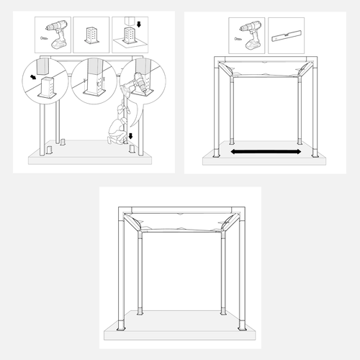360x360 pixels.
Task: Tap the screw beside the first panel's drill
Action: click(44, 32)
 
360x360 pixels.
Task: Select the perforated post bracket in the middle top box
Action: click(91, 35)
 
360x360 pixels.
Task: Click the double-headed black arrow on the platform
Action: click(266, 153)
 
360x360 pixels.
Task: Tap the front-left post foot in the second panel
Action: click(216, 153)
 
